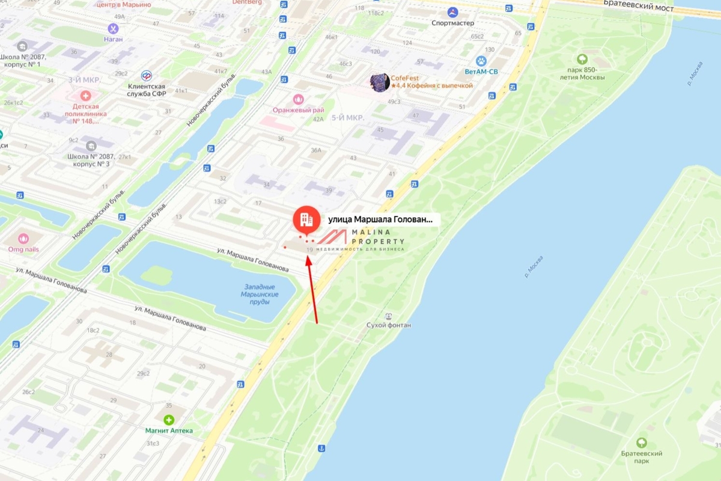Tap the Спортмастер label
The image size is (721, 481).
[x=452, y=23]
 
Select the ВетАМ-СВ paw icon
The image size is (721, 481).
[x=481, y=61]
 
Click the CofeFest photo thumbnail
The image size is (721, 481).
[x=380, y=82]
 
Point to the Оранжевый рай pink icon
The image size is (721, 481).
[x=298, y=99]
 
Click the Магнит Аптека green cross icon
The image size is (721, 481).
[x=169, y=420]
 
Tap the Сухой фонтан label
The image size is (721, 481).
[x=389, y=325]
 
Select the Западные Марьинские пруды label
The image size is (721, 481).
[x=259, y=294]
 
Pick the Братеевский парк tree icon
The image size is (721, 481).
[x=642, y=443]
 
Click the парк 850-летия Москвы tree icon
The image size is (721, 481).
[x=582, y=59]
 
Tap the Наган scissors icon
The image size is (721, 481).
[x=113, y=28]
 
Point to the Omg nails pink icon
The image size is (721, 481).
[x=23, y=238]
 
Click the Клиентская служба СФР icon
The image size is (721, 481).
[x=146, y=75]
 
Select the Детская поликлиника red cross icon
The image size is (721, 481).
[x=85, y=96]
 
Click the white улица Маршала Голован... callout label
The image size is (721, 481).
[x=380, y=219]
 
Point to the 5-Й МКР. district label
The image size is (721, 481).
[x=348, y=118]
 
